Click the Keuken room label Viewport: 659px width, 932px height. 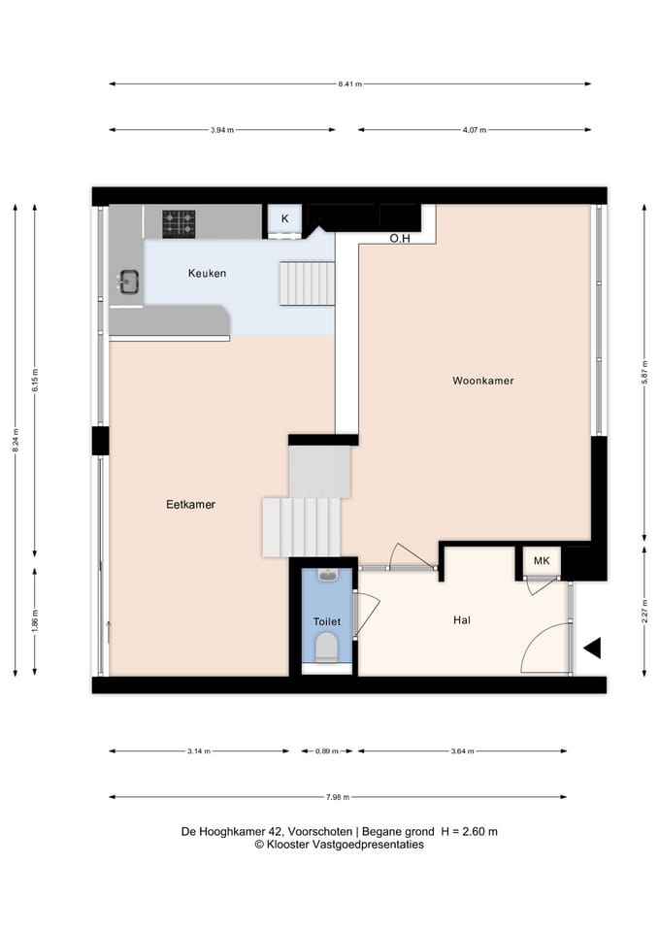click(x=207, y=274)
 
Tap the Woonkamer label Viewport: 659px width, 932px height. click(x=482, y=381)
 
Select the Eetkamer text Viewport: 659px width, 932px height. click(x=190, y=505)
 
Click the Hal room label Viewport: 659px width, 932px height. click(x=462, y=620)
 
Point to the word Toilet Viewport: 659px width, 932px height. click(x=326, y=621)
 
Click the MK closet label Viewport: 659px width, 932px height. click(x=542, y=561)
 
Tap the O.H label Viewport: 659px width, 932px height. click(x=400, y=238)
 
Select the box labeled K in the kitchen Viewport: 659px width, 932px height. click(x=284, y=219)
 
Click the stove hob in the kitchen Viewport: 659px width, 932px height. click(x=179, y=223)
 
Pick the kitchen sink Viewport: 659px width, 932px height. click(x=128, y=282)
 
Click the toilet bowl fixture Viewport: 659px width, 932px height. click(x=327, y=646)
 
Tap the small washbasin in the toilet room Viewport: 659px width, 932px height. click(x=327, y=576)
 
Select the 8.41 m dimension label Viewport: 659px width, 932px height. click(x=349, y=84)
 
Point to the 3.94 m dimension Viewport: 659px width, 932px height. click(x=222, y=130)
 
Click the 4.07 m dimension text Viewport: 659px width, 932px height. click(x=474, y=130)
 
